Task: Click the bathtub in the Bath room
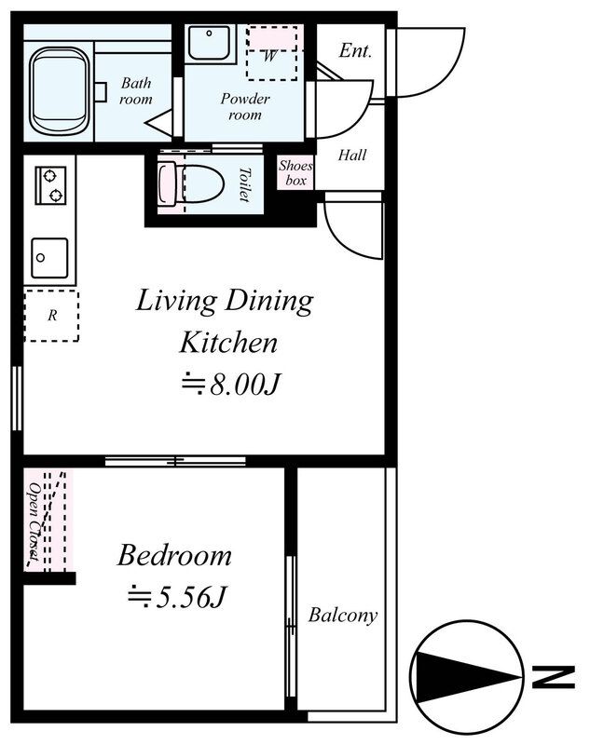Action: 60,91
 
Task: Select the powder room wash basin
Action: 210,43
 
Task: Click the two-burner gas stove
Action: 50,185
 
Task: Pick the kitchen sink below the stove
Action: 49,258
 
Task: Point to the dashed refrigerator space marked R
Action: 52,316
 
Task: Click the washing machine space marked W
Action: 272,53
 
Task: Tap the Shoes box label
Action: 295,173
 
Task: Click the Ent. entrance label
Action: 355,50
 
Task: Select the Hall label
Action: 352,155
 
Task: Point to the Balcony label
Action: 343,616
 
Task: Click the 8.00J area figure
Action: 231,384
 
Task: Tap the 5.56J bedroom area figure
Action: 177,597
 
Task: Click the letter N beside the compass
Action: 554,677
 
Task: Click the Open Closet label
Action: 34,521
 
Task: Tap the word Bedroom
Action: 174,555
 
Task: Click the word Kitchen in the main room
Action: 228,343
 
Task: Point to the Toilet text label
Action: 245,184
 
